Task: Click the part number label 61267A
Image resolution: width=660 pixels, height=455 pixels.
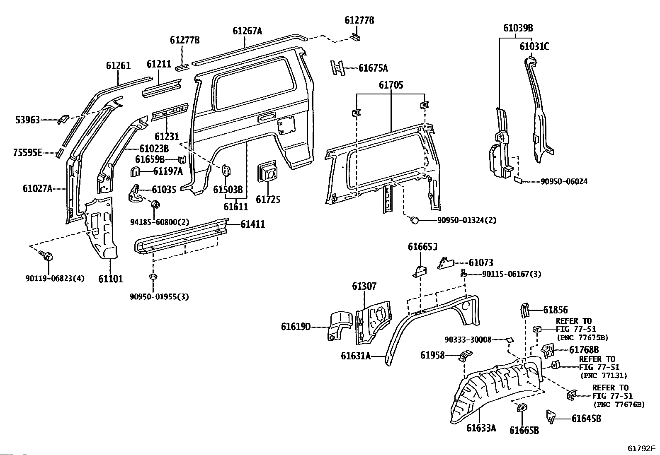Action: point(247,31)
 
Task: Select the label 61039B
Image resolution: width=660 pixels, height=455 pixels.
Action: point(518,28)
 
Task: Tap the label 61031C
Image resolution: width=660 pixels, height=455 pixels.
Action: point(534,47)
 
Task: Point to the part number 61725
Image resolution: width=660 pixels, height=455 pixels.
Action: point(268,200)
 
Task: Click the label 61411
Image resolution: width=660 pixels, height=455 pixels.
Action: point(252,224)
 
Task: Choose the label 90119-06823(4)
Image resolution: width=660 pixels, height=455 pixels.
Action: point(55,278)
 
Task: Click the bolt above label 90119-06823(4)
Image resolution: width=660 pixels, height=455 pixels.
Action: point(46,256)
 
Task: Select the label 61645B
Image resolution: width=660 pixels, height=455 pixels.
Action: point(586,419)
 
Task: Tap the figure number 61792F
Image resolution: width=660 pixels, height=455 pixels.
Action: point(641,448)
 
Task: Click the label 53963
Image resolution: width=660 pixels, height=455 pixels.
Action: point(28,120)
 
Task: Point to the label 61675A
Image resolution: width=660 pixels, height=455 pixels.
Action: point(373,68)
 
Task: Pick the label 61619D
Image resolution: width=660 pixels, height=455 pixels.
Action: point(296,327)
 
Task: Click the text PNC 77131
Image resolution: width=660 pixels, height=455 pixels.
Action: point(603,376)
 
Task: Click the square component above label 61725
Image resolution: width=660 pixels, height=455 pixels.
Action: point(267,174)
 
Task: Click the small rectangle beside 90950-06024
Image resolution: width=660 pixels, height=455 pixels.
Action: point(519,180)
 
